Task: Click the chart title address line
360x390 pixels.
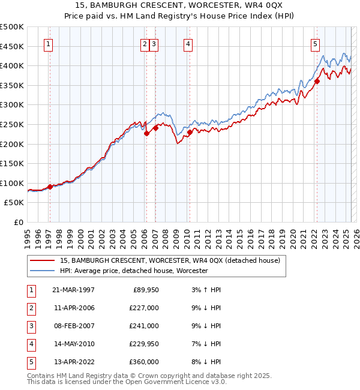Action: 179,5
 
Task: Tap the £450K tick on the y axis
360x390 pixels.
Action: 13,46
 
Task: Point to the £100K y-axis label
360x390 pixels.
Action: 13,183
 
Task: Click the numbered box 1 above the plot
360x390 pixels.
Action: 47,43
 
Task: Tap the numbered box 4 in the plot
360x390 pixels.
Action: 188,43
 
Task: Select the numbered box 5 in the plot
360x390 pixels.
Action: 315,43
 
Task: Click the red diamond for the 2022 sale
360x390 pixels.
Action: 317,82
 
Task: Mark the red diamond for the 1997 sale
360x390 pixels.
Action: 50,187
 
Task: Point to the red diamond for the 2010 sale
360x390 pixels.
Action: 190,132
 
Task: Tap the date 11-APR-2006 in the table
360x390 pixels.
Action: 73,308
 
